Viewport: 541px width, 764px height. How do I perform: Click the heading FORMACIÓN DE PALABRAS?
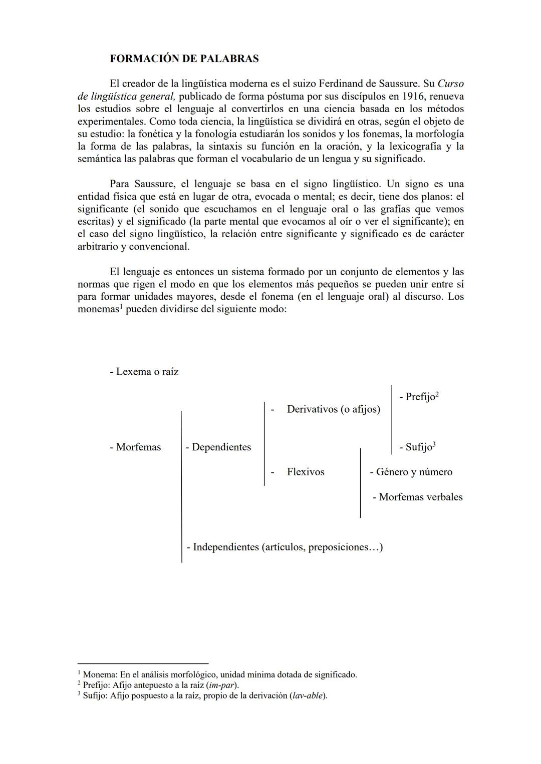[184, 59]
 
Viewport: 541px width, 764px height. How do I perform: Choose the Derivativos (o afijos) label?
[333, 409]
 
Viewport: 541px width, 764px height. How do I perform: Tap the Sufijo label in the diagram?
[415, 447]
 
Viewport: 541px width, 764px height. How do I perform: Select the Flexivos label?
[305, 472]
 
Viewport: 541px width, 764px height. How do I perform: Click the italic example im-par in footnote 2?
[222, 685]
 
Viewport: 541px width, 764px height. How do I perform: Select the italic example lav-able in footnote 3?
[308, 695]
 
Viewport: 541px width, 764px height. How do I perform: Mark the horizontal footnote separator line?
[143, 663]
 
